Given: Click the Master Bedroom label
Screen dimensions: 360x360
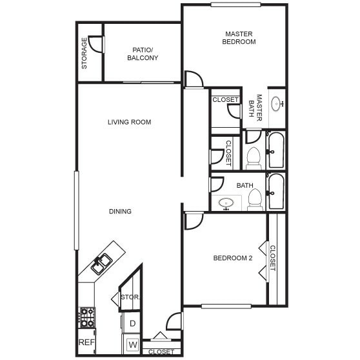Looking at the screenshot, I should pyautogui.click(x=239, y=37).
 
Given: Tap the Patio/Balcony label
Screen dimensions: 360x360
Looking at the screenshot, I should pyautogui.click(x=143, y=54).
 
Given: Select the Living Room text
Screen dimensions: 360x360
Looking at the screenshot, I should pyautogui.click(x=129, y=122).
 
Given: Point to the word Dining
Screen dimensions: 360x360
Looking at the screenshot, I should pyautogui.click(x=120, y=212).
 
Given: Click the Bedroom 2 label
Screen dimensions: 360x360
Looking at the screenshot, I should pyautogui.click(x=232, y=259).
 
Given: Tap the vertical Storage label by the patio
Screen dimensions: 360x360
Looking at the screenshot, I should pyautogui.click(x=85, y=54).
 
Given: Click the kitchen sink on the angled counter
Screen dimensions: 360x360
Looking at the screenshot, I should pyautogui.click(x=101, y=263).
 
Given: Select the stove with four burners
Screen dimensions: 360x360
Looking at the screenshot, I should pyautogui.click(x=86, y=317).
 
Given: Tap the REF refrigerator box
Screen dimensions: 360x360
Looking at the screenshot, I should pyautogui.click(x=86, y=342).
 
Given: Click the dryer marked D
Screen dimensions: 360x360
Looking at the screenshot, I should pyautogui.click(x=132, y=323).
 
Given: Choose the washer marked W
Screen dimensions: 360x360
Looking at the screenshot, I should pyautogui.click(x=132, y=344).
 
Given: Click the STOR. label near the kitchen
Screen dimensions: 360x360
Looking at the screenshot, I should pyautogui.click(x=131, y=297).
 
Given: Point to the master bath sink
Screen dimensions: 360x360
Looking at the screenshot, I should pyautogui.click(x=277, y=103).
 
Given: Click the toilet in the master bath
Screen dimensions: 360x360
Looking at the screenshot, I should pyautogui.click(x=254, y=157).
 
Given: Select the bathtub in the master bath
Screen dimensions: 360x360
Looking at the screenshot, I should pyautogui.click(x=276, y=150).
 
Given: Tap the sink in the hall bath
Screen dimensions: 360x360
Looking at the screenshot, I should pyautogui.click(x=226, y=203).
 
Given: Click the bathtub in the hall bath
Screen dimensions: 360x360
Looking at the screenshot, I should pyautogui.click(x=276, y=191).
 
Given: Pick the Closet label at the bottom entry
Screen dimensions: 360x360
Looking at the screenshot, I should pyautogui.click(x=161, y=352).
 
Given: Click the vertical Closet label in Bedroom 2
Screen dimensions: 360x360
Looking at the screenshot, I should pyautogui.click(x=272, y=258).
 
